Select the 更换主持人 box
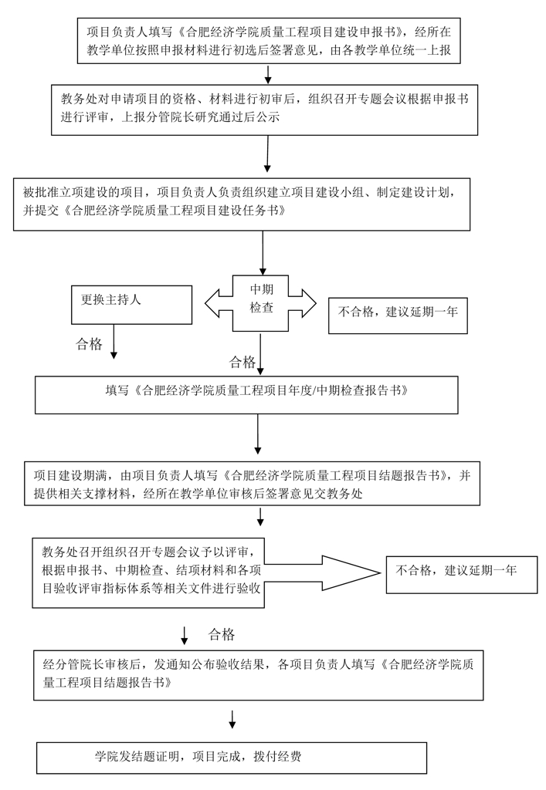131,304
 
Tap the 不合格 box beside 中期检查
398,315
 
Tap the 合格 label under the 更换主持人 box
89,344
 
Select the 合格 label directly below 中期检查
242,362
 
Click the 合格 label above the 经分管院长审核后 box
222,635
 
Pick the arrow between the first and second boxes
267,74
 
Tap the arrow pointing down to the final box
232,719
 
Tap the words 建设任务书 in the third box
243,210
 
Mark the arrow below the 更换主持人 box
114,341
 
